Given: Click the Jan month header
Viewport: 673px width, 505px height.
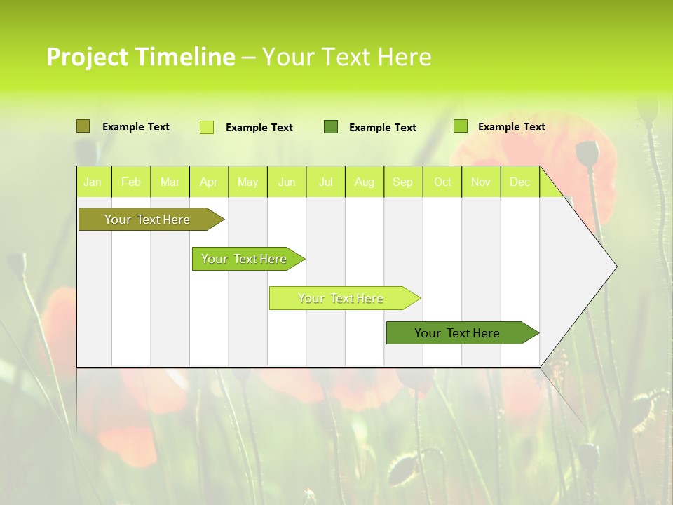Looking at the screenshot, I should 93,182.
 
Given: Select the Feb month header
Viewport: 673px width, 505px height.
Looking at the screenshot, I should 131,182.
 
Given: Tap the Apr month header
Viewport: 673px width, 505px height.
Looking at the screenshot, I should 209,182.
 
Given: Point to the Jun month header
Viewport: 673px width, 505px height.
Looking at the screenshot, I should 287,182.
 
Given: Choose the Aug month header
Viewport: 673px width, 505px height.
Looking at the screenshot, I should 365,182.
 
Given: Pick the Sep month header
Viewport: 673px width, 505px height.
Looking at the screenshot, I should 403,182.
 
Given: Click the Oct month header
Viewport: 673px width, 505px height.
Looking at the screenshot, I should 442,182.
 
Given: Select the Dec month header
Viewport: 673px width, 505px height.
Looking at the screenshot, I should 520,182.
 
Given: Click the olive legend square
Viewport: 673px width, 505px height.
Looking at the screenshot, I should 83,126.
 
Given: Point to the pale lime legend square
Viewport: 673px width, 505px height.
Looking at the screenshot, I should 207,127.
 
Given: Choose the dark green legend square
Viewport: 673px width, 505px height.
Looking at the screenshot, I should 331,127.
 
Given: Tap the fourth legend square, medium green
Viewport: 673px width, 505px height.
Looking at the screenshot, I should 461,126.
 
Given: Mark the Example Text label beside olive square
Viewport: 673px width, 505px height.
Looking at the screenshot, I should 136,127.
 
